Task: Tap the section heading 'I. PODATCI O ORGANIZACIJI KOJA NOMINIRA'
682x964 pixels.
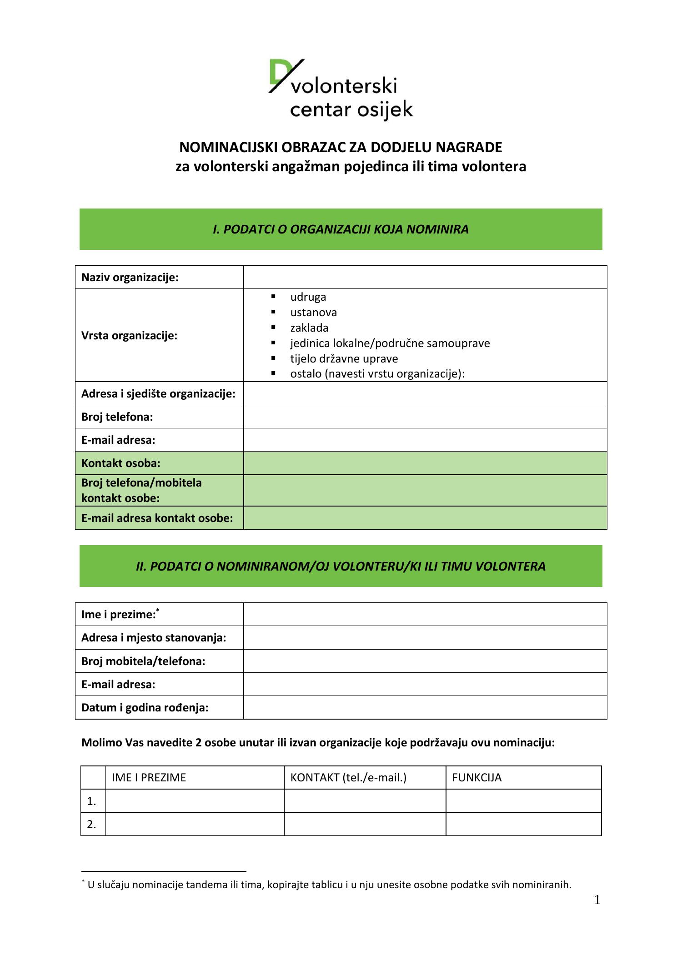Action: click(x=341, y=229)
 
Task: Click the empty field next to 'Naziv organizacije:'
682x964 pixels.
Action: click(x=425, y=277)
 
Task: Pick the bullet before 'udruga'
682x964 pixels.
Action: click(x=273, y=297)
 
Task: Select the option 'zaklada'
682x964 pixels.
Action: click(x=309, y=328)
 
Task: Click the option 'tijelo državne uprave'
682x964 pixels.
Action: click(x=344, y=358)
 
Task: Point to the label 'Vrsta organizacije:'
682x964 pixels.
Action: click(x=129, y=336)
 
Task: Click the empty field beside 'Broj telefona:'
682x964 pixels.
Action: click(x=425, y=417)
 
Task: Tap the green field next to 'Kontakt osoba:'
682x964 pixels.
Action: click(x=425, y=463)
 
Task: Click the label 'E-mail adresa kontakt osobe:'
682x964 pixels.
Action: click(x=157, y=518)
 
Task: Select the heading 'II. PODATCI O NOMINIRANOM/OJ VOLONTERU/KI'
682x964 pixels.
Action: click(x=341, y=566)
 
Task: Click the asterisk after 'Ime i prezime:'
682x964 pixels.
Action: click(x=158, y=610)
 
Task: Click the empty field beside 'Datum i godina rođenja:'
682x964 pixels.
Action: click(x=425, y=707)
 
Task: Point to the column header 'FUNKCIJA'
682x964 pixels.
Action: click(x=476, y=778)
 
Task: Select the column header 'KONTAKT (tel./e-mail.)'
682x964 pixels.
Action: click(x=348, y=778)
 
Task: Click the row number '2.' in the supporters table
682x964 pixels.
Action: click(x=92, y=825)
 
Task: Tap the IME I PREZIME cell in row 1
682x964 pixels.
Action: click(x=195, y=801)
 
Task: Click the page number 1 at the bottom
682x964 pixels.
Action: click(x=597, y=900)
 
